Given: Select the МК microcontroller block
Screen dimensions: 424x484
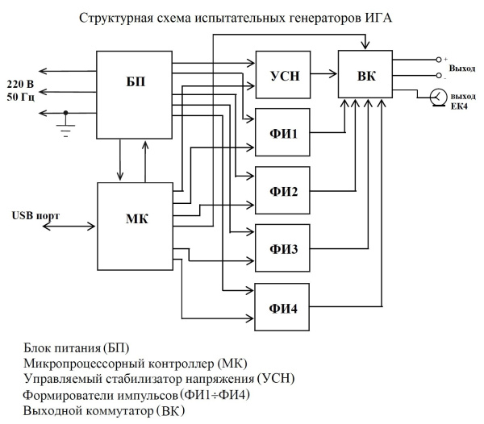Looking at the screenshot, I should (x=135, y=218).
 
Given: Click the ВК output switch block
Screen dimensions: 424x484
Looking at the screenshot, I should (x=363, y=77).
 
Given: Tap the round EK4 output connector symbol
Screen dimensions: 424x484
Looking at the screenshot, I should (x=436, y=97).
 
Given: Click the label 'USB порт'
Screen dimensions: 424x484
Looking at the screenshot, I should (x=35, y=216).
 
